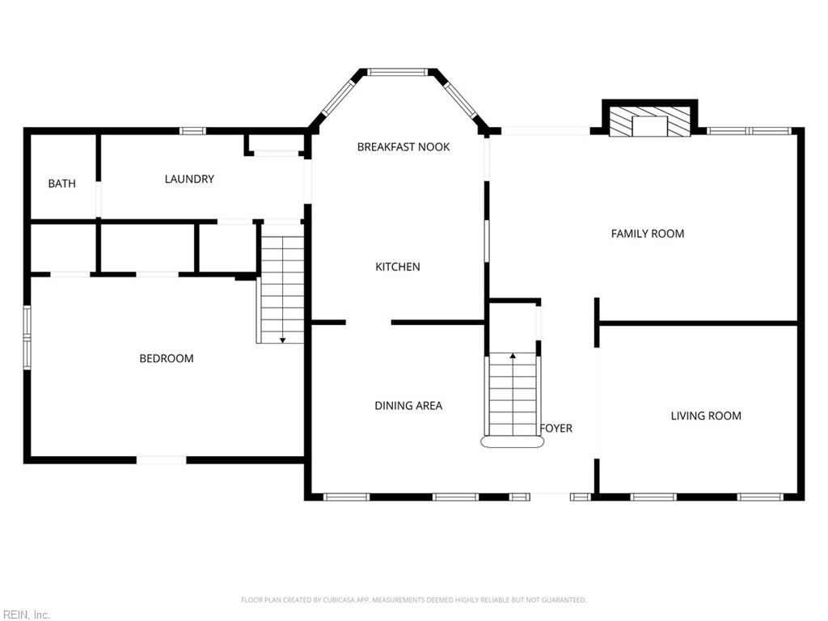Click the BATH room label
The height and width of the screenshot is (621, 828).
[x=61, y=184]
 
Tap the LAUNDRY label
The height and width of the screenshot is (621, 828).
[x=189, y=179]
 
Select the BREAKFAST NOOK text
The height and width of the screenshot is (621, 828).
[x=403, y=146]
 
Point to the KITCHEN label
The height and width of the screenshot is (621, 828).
[x=398, y=267]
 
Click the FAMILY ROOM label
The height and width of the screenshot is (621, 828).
[x=647, y=234]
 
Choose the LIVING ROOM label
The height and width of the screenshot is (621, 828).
[x=706, y=416]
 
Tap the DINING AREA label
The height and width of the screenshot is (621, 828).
[x=408, y=406]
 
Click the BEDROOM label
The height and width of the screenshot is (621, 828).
[x=167, y=358]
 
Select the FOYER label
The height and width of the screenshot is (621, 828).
[x=556, y=429]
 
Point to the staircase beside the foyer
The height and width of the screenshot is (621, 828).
[x=513, y=396]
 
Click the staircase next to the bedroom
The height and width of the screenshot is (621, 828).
[x=281, y=283]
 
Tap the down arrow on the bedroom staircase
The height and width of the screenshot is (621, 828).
[x=282, y=340]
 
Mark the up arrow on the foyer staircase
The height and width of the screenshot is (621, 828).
[x=513, y=355]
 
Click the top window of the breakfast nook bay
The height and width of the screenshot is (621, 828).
[x=398, y=72]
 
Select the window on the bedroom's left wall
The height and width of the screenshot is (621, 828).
[x=27, y=336]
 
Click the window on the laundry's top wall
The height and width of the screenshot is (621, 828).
[x=192, y=131]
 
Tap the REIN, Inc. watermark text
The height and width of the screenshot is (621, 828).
[x=26, y=615]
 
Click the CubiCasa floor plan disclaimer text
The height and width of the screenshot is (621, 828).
[x=414, y=600]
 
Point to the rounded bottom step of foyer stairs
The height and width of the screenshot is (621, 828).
[x=513, y=442]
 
